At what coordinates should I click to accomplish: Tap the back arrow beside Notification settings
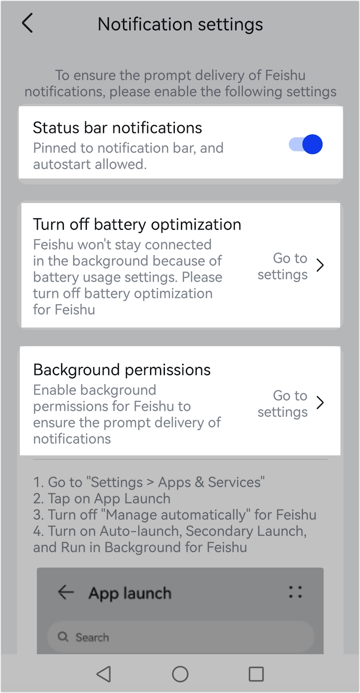coord(27,24)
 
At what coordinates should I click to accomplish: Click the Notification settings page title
coord(180,24)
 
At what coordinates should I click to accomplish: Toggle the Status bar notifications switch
coord(306,144)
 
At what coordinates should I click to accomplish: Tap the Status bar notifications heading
coord(117,128)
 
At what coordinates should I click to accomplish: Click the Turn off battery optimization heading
coord(137,225)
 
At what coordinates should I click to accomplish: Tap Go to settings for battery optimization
coord(283,266)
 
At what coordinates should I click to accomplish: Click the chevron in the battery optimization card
coord(320,265)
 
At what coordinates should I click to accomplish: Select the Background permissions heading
coord(122,370)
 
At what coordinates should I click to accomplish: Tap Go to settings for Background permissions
coord(283,404)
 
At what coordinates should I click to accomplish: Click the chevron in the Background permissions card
coord(320,403)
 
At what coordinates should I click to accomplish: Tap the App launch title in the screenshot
coord(130,593)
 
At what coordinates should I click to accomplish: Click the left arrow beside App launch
coord(66,593)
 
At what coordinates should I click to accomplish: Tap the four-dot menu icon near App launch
coord(296,592)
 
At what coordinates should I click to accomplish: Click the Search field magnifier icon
coord(63,637)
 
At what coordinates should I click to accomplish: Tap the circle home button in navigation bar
coord(180,674)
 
